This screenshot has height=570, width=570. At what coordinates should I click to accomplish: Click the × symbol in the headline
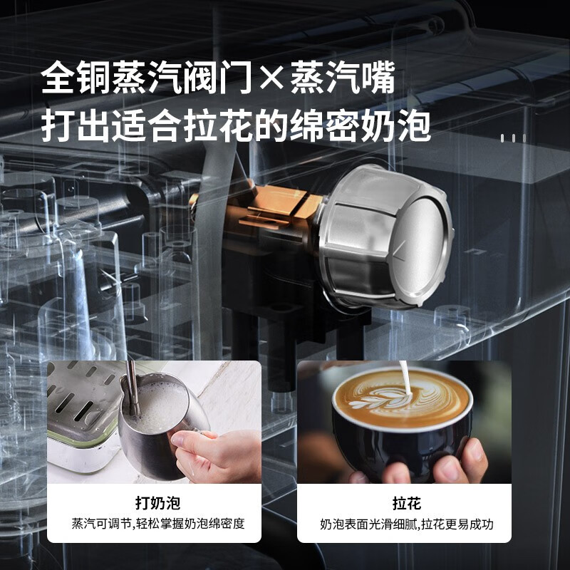point(271,78)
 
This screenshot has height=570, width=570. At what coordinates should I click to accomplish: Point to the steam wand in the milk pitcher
point(132,388)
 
